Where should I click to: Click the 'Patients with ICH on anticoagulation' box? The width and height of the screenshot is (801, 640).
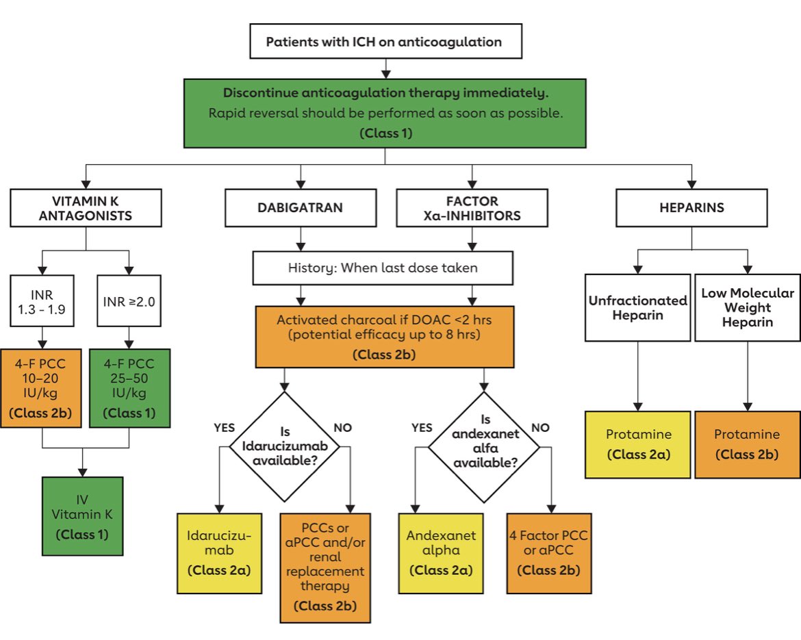385,42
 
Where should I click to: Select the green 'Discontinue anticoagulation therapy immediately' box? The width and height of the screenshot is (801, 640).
385,113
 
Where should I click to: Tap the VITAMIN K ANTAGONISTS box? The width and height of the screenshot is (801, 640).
86,208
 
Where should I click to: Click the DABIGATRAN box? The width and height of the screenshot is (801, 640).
299,208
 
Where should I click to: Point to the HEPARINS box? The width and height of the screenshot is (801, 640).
690,208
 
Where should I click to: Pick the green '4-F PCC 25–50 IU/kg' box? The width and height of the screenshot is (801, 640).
128,388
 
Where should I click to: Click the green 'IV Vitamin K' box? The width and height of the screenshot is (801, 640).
83,515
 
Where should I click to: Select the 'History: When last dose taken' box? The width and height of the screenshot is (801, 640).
383,268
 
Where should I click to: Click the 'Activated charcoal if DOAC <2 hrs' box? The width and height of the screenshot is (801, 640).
384,336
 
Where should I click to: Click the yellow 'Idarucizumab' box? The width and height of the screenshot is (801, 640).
219,553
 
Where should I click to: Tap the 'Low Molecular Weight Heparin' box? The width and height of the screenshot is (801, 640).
747,307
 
